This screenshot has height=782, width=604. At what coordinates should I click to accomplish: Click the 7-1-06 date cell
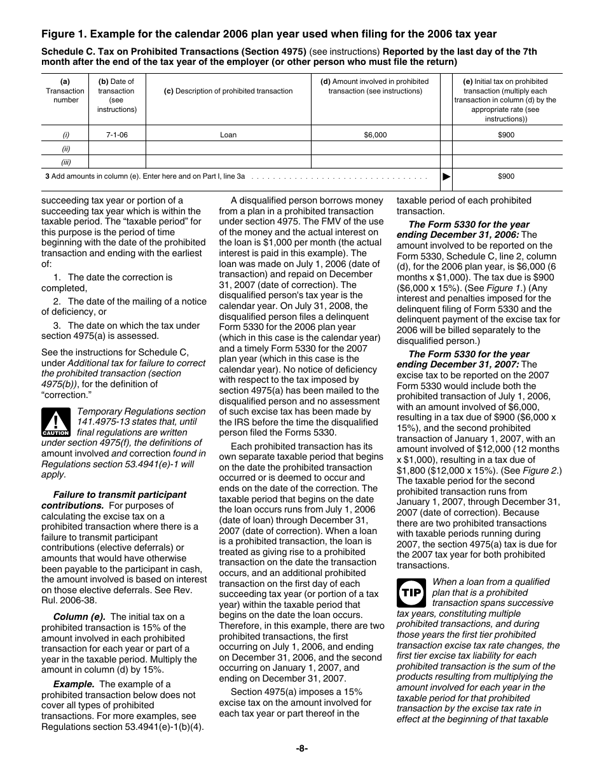point(117,135)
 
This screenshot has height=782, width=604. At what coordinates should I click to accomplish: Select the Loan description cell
point(228,135)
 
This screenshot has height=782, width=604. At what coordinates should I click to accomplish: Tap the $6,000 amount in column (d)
point(375,135)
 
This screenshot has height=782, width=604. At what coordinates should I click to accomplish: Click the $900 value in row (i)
point(506,135)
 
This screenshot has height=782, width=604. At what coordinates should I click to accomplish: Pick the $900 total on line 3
point(506,177)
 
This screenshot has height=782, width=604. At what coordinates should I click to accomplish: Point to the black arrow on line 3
point(446,177)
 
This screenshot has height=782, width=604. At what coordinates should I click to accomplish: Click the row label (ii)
point(65,149)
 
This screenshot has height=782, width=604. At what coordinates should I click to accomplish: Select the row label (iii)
point(65,162)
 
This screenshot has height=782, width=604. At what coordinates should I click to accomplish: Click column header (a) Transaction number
point(65,90)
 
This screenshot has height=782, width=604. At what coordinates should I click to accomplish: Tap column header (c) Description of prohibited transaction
point(228,91)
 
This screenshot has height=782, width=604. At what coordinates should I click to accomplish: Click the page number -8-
point(302,748)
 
